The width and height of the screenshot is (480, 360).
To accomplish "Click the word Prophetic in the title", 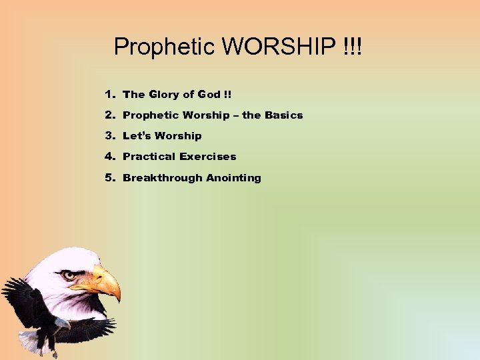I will point(165,47).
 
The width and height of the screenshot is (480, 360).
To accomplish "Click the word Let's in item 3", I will point(138,136).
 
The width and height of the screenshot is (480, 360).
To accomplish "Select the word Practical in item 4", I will point(149,157).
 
